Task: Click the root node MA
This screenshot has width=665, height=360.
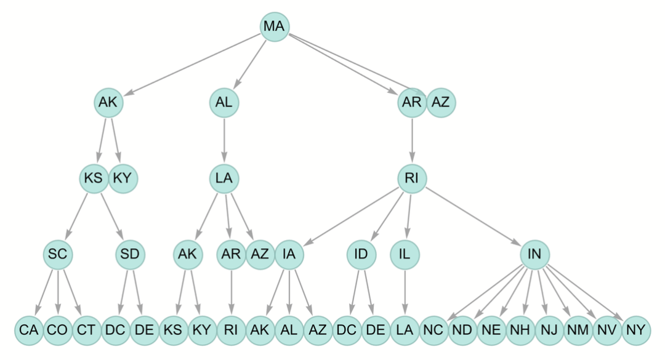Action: click(275, 26)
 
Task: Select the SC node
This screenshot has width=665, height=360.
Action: click(58, 254)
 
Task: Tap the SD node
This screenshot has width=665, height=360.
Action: click(130, 254)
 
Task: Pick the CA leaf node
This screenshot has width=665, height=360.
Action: click(29, 329)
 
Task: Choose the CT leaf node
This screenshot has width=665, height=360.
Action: click(86, 329)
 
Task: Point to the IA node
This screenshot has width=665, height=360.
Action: click(289, 254)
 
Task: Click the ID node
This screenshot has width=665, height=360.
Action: click(361, 254)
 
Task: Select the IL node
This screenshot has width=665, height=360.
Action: click(405, 254)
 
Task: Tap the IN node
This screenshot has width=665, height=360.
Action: click(534, 254)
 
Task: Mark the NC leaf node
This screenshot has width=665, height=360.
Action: click(433, 329)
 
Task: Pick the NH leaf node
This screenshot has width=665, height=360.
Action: click(520, 329)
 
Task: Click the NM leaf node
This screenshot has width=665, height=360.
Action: click(578, 329)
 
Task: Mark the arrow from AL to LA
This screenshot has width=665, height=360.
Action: click(224, 140)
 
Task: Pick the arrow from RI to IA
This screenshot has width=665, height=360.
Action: click(351, 215)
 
